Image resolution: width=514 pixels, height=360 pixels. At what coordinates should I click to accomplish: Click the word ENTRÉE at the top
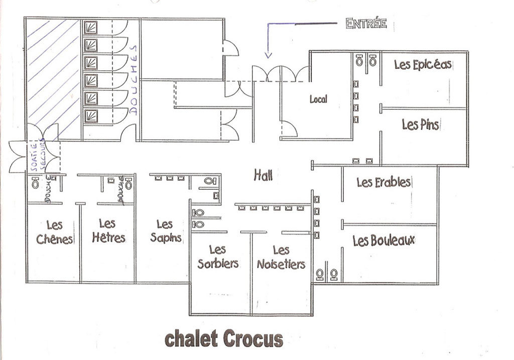coord(366,24)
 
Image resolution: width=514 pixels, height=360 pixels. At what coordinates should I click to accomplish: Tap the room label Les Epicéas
coord(423,65)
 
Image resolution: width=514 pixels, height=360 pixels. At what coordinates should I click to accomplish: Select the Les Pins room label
coord(420,125)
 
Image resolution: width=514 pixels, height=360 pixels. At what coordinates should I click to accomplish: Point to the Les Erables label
coord(383,182)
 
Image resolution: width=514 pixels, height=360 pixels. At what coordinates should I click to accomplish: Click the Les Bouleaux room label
coord(383,241)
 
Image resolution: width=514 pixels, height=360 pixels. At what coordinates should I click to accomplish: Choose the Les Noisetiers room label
coord(281,258)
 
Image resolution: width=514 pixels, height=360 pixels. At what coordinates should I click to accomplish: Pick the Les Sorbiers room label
coord(218,257)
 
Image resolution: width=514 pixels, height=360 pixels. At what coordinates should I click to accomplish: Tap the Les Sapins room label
coord(166,231)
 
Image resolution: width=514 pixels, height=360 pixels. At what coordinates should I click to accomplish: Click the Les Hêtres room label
coord(108,231)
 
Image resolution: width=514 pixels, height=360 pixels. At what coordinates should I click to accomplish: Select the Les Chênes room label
coord(54,232)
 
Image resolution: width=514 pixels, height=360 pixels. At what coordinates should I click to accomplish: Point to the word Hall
coord(263,175)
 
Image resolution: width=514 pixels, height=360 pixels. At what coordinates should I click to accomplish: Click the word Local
coord(318,99)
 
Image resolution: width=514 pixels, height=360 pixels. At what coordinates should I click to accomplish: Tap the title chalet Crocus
coord(224,339)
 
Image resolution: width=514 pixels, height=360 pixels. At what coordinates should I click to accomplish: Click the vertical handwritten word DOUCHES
coord(133,80)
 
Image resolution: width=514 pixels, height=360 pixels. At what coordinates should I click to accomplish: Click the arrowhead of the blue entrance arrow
coord(269,56)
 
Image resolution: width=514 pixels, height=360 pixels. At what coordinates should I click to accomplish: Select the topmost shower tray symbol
coord(90,28)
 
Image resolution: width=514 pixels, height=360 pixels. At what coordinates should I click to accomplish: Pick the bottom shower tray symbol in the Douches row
coord(90,116)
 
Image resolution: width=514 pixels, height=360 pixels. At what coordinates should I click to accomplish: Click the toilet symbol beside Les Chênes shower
coord(35,183)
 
